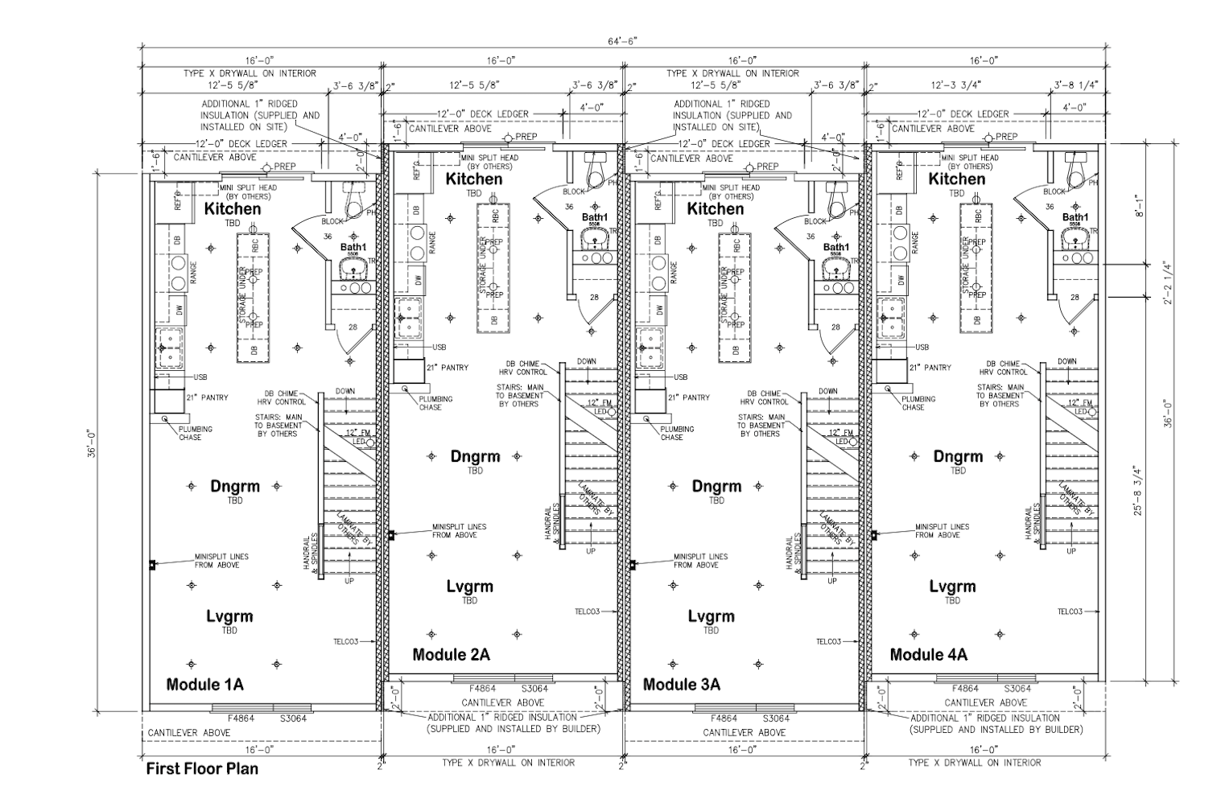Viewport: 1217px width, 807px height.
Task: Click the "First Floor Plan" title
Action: point(202,768)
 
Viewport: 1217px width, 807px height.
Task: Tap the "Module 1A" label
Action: point(204,685)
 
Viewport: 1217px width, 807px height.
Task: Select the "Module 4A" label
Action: point(929,655)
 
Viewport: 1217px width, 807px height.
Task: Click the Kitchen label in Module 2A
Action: point(474,179)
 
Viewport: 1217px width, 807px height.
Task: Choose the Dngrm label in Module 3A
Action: point(716,486)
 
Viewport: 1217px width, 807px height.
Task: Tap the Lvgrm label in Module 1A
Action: point(229,616)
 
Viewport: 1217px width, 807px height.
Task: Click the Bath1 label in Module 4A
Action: point(1075,217)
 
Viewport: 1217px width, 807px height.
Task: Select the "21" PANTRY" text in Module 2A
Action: point(447,368)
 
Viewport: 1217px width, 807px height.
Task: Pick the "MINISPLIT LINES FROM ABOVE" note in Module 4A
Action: point(942,531)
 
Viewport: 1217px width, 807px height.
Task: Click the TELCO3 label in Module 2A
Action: point(591,611)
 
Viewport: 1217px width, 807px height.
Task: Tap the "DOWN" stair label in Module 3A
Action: point(828,392)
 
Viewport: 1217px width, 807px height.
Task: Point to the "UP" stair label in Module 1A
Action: point(349,581)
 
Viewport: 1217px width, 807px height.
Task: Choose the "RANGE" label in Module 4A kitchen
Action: point(915,240)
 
